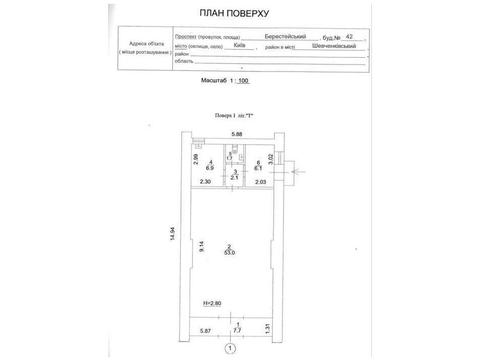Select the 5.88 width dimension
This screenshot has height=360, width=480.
point(237,134)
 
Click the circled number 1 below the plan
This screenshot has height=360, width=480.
point(230,349)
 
